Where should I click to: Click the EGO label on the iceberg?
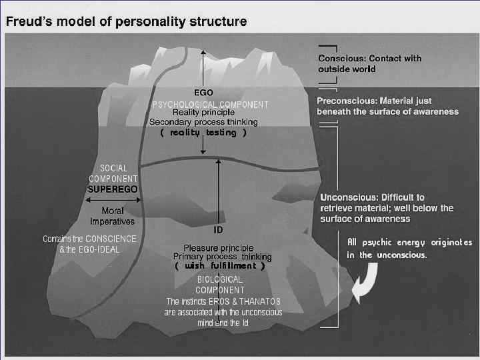coord(203,93)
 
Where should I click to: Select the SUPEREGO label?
coord(113,189)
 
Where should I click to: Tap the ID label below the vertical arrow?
coord(217,231)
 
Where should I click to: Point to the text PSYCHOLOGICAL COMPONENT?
coord(211,105)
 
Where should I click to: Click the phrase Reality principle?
coord(203,113)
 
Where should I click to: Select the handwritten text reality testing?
coord(203,133)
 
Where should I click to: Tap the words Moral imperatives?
coord(113,216)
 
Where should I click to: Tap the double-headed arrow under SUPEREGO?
coord(113,199)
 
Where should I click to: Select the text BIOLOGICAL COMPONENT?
coord(220,285)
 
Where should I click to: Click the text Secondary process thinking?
coord(203,122)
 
